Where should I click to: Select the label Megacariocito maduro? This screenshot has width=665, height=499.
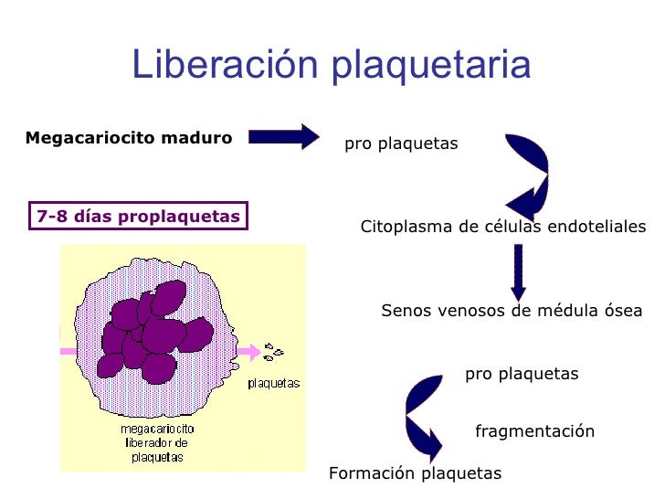[129, 138]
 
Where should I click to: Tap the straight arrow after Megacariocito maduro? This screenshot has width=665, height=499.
[283, 137]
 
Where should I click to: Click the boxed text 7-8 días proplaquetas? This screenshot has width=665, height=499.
[138, 217]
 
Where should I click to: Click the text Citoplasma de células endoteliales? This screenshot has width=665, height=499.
[503, 227]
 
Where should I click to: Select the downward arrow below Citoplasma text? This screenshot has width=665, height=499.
[518, 271]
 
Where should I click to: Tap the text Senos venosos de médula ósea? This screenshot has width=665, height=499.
[512, 311]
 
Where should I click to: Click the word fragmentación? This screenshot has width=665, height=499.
[534, 431]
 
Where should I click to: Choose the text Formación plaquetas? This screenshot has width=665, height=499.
[415, 473]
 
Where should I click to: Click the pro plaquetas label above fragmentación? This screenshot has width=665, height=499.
[522, 374]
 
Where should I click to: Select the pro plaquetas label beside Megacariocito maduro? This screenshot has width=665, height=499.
[401, 144]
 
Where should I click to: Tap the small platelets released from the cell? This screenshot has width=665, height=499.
[273, 350]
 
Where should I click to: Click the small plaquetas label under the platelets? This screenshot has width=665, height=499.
[274, 383]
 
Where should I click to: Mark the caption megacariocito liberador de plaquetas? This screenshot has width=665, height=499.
[156, 442]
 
